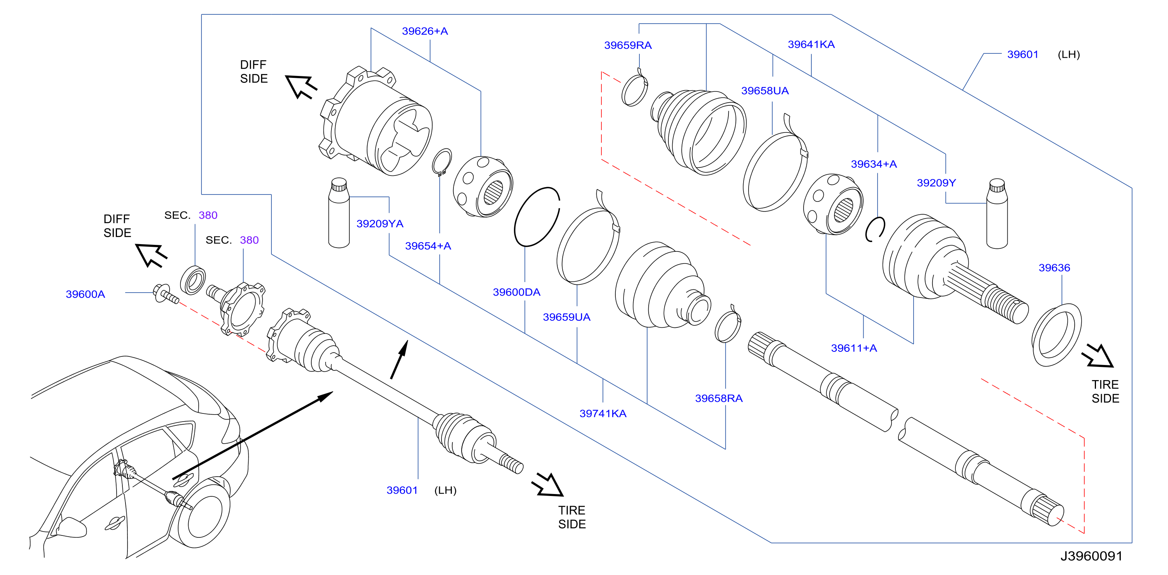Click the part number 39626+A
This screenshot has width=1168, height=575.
(424, 31)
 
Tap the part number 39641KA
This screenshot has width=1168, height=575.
(811, 44)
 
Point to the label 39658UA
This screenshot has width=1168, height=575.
(764, 90)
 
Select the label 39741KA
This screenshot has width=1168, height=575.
(603, 413)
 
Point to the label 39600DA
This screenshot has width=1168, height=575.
(517, 292)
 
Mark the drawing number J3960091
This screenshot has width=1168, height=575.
(1091, 556)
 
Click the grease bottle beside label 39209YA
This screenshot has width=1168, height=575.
(339, 213)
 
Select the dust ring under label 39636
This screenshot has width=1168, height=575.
(1056, 335)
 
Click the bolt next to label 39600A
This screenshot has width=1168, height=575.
(165, 294)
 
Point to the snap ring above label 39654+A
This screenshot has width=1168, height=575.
(441, 162)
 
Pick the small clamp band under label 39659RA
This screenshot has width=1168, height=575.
(634, 88)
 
